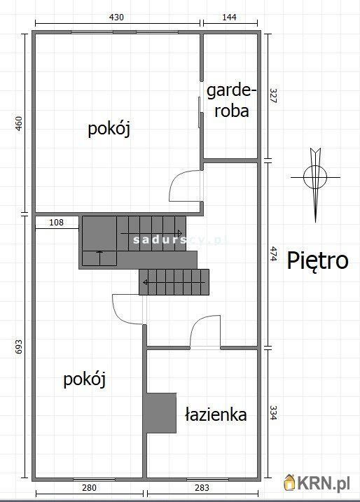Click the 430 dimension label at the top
116,17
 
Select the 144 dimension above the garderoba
229,17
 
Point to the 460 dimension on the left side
19,123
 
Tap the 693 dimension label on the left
19,347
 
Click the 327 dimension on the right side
273,95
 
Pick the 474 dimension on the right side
273,253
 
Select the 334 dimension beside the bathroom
273,412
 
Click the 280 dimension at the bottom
89,487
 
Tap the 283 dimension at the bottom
202,487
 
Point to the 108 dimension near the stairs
56,222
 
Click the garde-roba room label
232,101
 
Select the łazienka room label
216,414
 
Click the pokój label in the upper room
109,129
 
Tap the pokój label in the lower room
85,379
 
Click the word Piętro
317,261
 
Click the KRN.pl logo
317,483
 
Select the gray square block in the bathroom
161,413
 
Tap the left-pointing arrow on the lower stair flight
174,282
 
